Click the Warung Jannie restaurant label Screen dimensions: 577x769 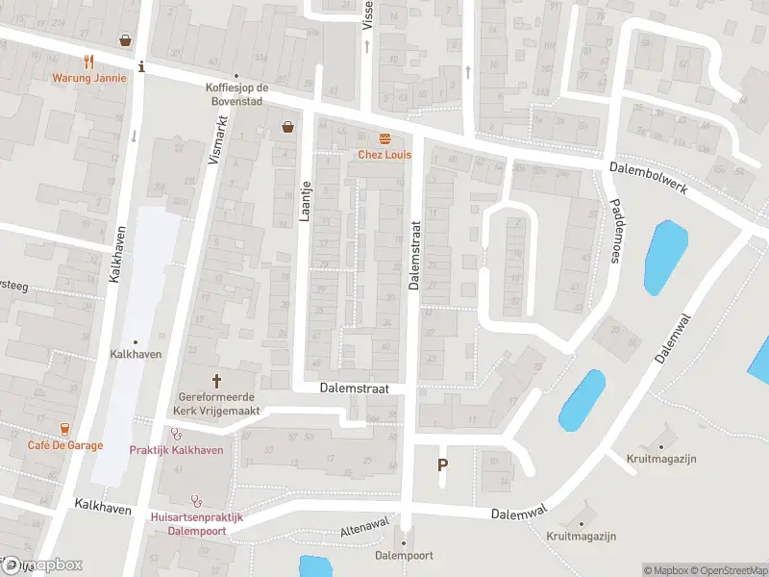(x=89, y=78)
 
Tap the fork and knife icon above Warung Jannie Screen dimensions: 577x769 (x=89, y=60)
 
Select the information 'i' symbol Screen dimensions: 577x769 (x=142, y=66)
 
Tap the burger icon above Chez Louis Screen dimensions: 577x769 (x=384, y=138)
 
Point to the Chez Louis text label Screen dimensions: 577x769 (x=384, y=154)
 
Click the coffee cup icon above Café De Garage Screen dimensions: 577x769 (x=64, y=428)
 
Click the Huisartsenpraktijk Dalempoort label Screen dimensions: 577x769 (x=197, y=523)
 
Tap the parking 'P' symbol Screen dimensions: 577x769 (x=443, y=465)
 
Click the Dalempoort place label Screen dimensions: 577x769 (x=404, y=556)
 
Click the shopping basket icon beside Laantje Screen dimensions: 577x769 (x=287, y=126)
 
